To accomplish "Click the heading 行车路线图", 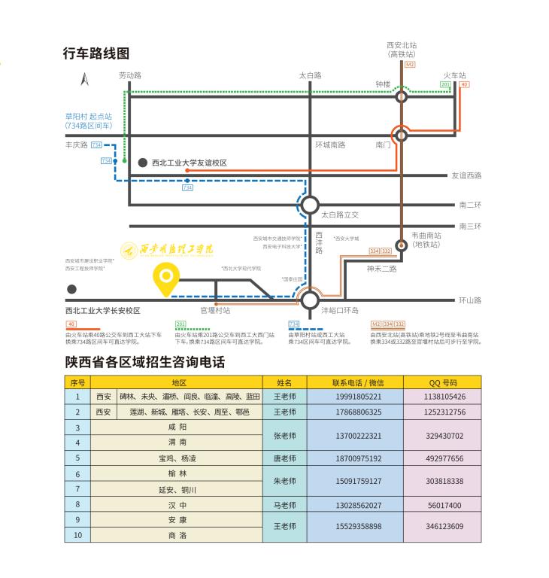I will tap(96, 53).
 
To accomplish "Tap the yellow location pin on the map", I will tap(165, 279).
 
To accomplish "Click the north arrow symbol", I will tap(85, 78).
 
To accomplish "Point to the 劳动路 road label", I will tap(130, 75).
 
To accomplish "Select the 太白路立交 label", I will tap(341, 214).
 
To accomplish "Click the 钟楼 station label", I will tap(384, 84).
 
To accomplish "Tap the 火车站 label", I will tap(454, 75).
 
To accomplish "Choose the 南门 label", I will tap(383, 144).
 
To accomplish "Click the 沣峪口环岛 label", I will tap(340, 310).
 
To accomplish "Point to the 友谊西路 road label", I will tap(466, 175).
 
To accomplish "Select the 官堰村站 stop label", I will tap(215, 310).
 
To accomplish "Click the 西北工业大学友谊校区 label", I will tap(189, 163).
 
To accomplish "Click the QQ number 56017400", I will tap(444, 505).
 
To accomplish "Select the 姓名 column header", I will tap(284, 382).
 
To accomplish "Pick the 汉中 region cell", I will tap(177, 505).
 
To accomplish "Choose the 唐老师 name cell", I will tap(284, 458).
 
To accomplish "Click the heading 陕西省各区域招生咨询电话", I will tap(144, 363).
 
